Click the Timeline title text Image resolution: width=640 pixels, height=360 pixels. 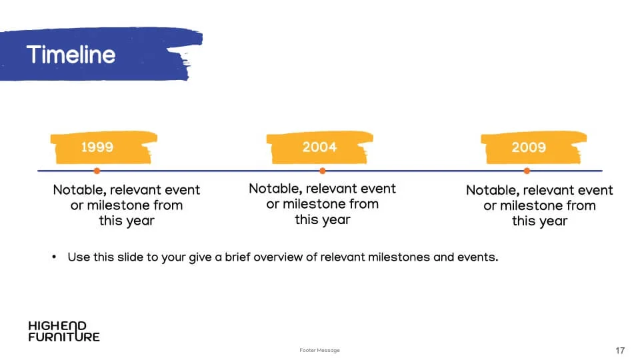71,55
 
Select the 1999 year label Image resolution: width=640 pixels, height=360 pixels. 97,147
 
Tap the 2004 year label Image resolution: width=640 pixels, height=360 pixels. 319,147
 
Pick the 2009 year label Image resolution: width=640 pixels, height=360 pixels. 529,147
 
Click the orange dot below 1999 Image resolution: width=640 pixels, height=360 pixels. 97,171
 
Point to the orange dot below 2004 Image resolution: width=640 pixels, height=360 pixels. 323,171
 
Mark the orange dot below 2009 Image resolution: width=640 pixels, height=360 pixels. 527,171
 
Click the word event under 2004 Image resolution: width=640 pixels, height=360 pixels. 377,189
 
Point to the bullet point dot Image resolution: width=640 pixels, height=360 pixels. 54,257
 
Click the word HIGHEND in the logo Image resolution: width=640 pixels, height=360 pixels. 57,326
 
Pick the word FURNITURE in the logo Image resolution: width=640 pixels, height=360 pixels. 64,337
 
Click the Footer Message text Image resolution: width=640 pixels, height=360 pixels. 319,350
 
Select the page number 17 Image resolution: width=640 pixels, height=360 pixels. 620,351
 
